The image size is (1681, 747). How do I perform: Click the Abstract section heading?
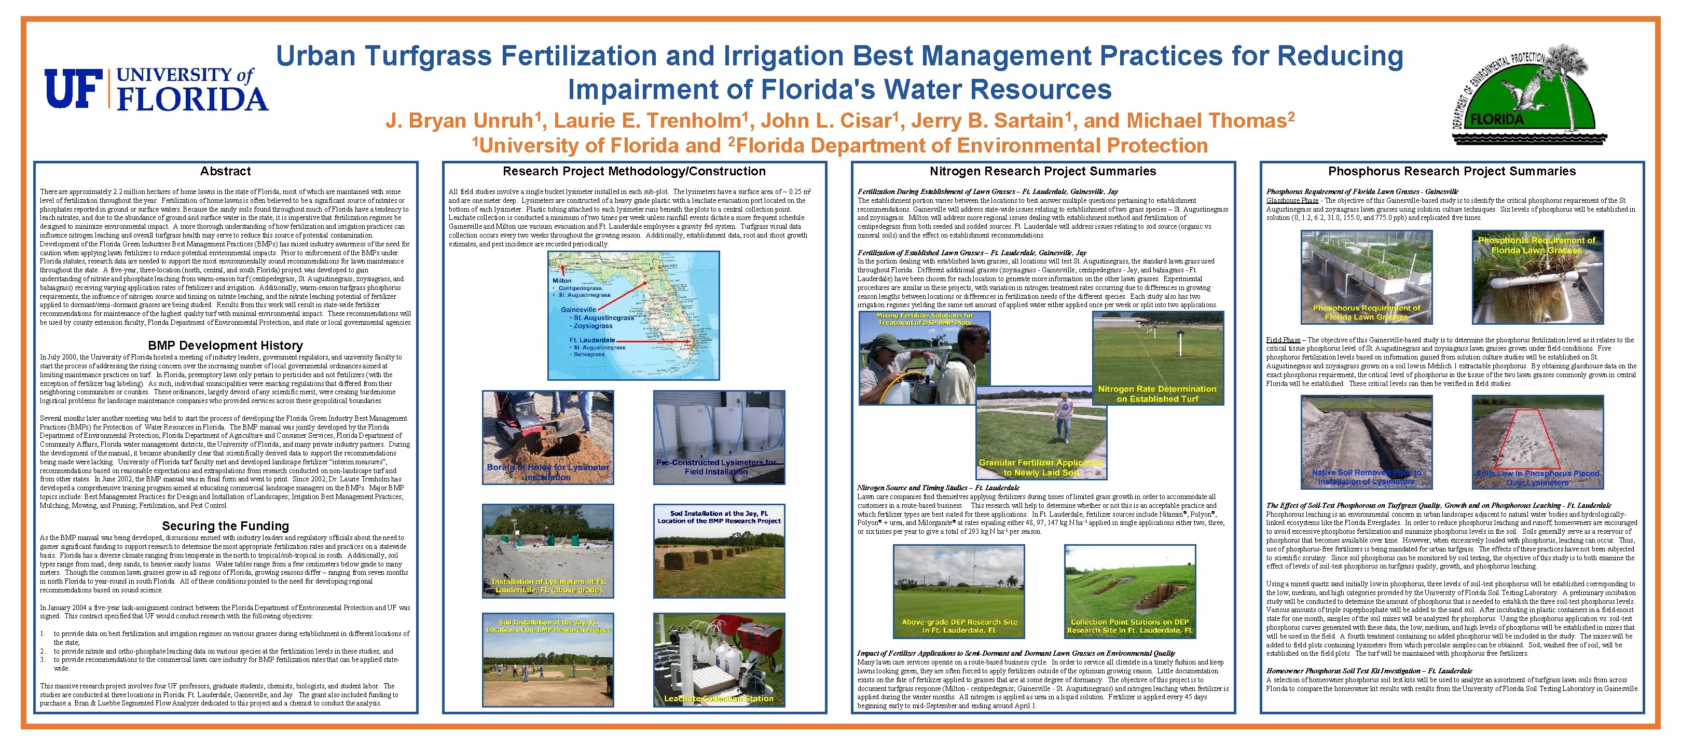click(x=225, y=172)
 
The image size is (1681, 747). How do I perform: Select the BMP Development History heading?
click(x=225, y=345)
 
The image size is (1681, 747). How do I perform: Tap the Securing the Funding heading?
click(x=225, y=526)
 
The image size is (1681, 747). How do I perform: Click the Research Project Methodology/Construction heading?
click(x=633, y=172)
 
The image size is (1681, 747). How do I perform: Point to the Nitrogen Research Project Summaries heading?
click(x=1042, y=172)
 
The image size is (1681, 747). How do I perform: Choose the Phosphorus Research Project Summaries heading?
click(x=1451, y=172)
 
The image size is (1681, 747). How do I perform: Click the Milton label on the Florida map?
click(x=562, y=281)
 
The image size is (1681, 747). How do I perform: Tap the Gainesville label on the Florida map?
click(x=578, y=309)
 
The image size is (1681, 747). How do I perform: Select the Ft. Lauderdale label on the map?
click(x=591, y=340)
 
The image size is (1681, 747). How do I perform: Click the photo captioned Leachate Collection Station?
click(x=719, y=659)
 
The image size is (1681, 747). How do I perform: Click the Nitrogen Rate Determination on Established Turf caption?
click(x=1156, y=393)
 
